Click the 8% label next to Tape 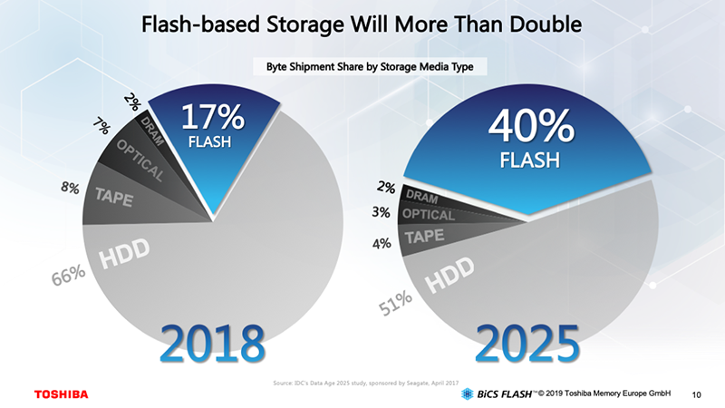70,189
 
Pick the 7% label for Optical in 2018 102,127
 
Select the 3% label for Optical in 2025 382,213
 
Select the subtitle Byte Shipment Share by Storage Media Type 362,66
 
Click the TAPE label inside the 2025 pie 424,237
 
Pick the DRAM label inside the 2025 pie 421,197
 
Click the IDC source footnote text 362,384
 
